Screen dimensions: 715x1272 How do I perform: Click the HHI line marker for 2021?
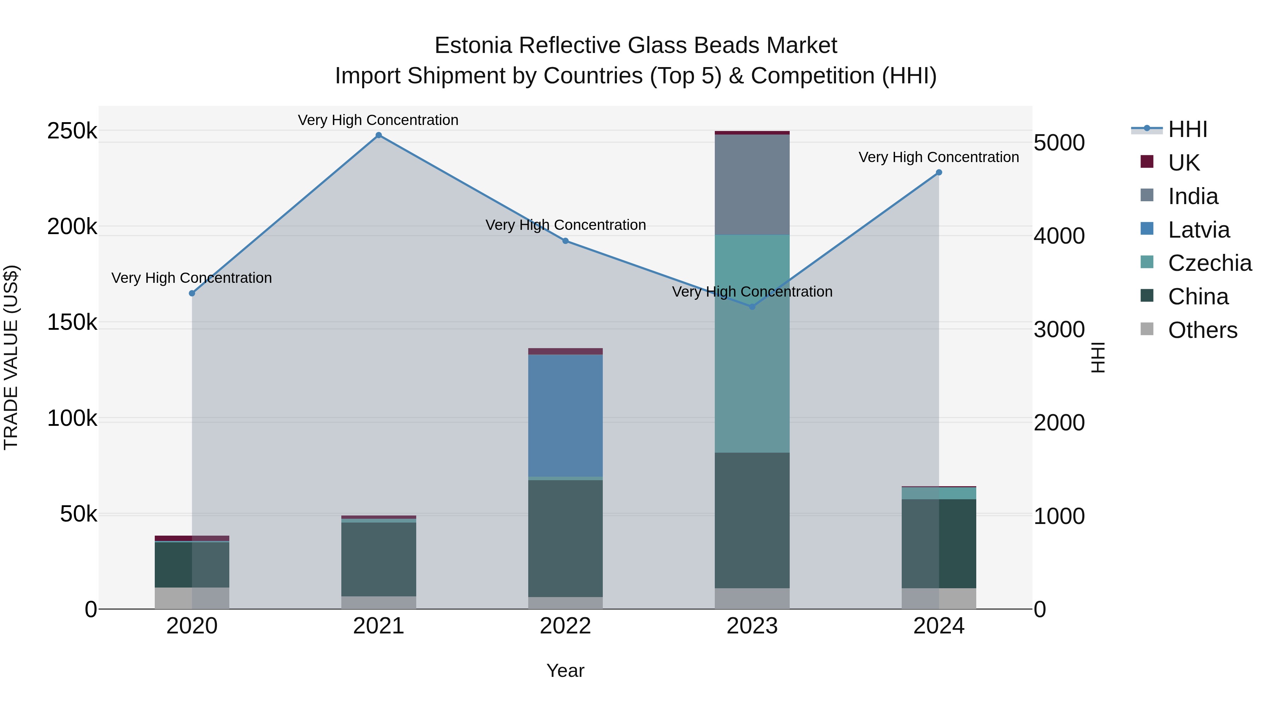(379, 135)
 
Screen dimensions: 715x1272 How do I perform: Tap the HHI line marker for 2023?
(752, 307)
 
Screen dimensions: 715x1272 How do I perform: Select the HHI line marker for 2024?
(939, 173)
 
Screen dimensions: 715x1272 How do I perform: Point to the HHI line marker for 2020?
(192, 293)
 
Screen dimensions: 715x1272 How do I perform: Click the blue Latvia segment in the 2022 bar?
(565, 416)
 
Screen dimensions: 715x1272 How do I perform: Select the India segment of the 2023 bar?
(752, 185)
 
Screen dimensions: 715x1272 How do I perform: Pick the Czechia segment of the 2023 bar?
(752, 344)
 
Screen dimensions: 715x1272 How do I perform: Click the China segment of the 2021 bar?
(379, 559)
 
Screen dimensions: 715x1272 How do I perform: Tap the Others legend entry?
(1202, 330)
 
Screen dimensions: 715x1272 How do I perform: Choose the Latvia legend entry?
(1199, 230)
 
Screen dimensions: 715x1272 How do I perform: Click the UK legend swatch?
(1147, 162)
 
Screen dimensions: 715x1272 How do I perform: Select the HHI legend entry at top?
(1188, 129)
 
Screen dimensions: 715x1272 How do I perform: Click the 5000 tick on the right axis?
(1059, 143)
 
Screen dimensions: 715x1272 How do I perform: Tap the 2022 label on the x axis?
(565, 626)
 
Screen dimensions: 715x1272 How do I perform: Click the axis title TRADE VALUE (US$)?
(11, 357)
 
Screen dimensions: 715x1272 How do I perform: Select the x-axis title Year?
(565, 671)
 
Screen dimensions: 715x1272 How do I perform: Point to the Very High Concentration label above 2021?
(378, 120)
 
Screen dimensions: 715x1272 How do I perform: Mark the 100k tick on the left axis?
(72, 418)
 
